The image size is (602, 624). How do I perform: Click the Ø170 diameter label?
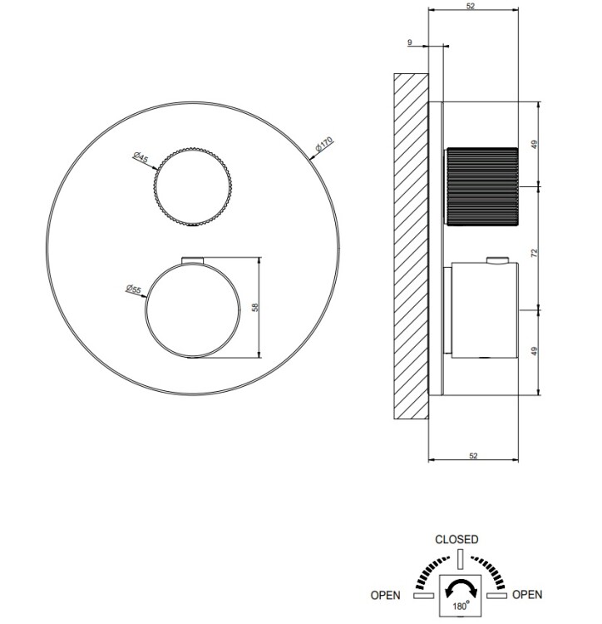[x=323, y=144]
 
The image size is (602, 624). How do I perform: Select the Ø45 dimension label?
[x=141, y=156]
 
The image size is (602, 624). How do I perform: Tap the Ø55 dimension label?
[x=134, y=289]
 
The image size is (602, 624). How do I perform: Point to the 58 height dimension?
[x=255, y=307]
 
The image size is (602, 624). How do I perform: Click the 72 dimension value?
[x=534, y=252]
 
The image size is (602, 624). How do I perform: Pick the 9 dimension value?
[x=410, y=42]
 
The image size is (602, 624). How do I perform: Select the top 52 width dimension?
[x=471, y=6]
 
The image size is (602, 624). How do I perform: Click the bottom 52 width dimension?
[x=473, y=456]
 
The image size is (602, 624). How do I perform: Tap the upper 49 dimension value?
[x=534, y=145]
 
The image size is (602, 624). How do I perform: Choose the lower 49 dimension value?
[x=534, y=351]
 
